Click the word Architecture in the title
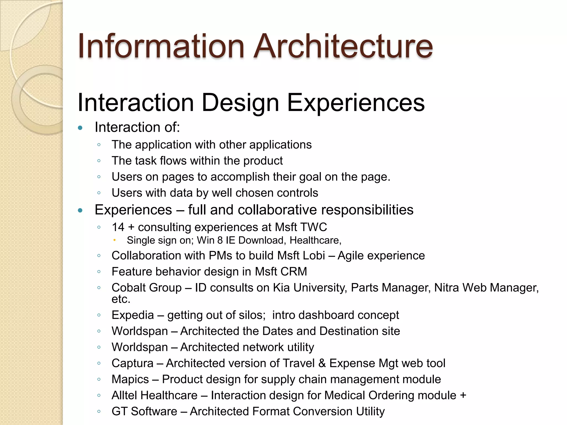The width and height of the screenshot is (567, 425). pyautogui.click(x=343, y=46)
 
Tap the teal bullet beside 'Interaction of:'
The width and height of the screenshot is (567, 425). pyautogui.click(x=80, y=128)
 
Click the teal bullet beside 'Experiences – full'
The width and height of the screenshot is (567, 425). pyautogui.click(x=80, y=211)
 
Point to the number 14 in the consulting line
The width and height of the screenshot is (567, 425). pyautogui.click(x=118, y=227)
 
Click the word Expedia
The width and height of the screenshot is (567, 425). pyautogui.click(x=133, y=315)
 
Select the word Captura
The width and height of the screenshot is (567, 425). pyautogui.click(x=132, y=363)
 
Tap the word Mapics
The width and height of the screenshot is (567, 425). pyautogui.click(x=130, y=379)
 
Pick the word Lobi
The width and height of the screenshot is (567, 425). pyautogui.click(x=315, y=256)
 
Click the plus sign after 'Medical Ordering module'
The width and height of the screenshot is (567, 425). pyautogui.click(x=463, y=395)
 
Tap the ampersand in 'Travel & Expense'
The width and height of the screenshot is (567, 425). pyautogui.click(x=322, y=363)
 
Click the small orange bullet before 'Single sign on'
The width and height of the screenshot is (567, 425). pyautogui.click(x=114, y=240)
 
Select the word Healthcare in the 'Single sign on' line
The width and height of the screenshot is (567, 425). pyautogui.click(x=315, y=240)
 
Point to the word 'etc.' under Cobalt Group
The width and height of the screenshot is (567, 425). pyautogui.click(x=121, y=299)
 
